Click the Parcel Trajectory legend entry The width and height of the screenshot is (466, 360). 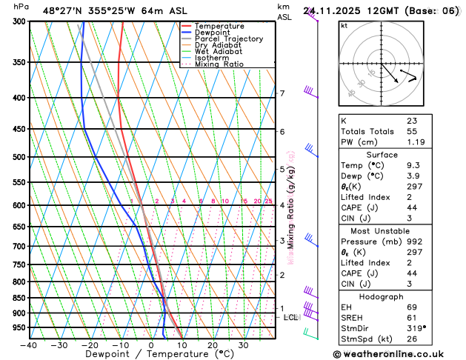click(229, 39)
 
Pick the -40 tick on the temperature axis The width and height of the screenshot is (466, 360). click(30, 345)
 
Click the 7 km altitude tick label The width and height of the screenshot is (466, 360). click(282, 93)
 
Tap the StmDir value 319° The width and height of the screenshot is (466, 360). click(416, 328)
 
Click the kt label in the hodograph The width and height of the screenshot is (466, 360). click(344, 26)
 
